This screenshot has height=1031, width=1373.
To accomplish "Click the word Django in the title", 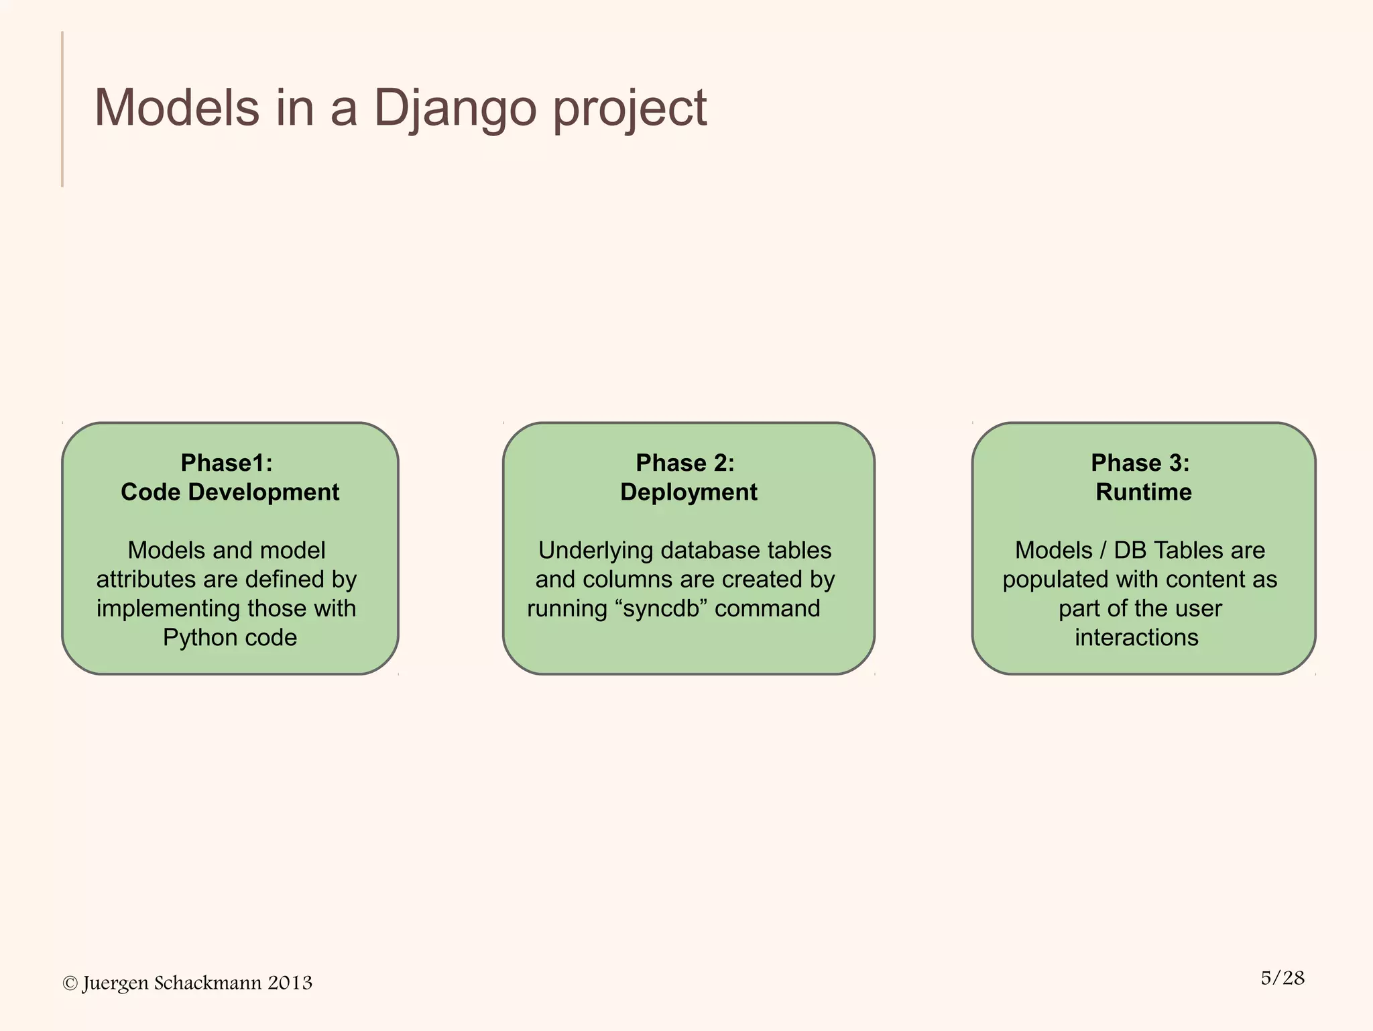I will tap(455, 109).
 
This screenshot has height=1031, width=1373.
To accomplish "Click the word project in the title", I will tap(630, 109).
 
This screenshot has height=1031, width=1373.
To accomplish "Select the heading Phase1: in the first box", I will tap(227, 463).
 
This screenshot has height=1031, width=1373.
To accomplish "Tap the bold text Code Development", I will tap(230, 492).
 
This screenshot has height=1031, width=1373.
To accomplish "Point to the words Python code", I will tap(230, 637).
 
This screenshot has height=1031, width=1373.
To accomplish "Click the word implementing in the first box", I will tap(168, 608).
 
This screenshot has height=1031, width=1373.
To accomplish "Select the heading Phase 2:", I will tap(685, 463).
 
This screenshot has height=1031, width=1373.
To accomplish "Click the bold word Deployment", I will tap(689, 492).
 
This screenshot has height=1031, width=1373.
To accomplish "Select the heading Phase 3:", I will tap(1140, 463).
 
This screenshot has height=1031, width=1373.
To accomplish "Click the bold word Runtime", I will tap(1144, 492).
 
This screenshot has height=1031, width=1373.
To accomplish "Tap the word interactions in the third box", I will tap(1136, 637).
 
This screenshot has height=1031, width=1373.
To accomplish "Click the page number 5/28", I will tap(1282, 978).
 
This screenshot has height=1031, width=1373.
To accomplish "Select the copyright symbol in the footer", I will tap(70, 983).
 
